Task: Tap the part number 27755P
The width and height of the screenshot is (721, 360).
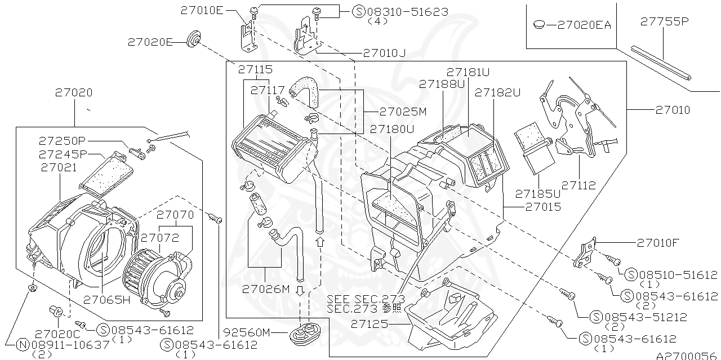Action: pyautogui.click(x=664, y=22)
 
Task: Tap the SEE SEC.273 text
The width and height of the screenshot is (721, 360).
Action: pyautogui.click(x=366, y=298)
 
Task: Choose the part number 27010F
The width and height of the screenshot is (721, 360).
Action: pyautogui.click(x=658, y=243)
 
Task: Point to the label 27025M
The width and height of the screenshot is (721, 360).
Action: pyautogui.click(x=403, y=111)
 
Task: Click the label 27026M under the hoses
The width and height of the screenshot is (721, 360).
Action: pyautogui.click(x=265, y=289)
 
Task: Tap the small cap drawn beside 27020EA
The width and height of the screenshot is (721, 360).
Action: pyautogui.click(x=538, y=24)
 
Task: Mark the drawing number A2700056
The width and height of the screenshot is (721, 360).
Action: pyautogui.click(x=688, y=355)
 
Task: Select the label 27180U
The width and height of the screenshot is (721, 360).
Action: pyautogui.click(x=390, y=129)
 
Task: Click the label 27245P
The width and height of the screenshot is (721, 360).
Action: pyautogui.click(x=63, y=154)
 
